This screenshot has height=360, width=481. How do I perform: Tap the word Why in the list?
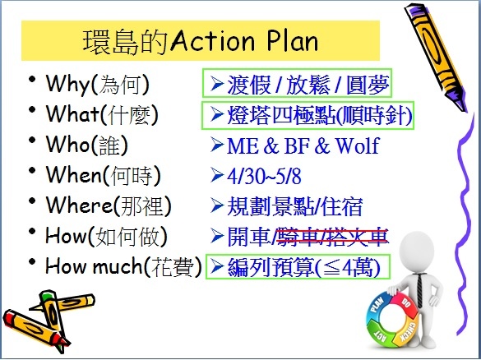point(67,84)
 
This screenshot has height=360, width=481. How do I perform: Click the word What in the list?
point(72,113)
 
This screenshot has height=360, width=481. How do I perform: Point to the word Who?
point(68,144)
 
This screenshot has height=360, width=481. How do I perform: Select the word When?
point(74,175)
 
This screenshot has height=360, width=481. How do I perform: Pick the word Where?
point(79,205)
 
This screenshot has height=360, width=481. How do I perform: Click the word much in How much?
point(118,266)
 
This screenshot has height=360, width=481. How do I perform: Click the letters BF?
point(297,145)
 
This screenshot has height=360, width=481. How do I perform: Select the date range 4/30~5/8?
point(264,176)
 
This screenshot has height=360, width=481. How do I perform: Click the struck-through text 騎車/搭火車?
point(332,238)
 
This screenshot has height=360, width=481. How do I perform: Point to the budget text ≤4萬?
point(347,268)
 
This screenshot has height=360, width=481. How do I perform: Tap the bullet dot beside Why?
point(32,79)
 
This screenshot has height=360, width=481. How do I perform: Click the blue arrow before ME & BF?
point(217,145)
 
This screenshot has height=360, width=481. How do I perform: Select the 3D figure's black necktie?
point(419,290)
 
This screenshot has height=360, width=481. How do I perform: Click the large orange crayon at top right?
point(435,56)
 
